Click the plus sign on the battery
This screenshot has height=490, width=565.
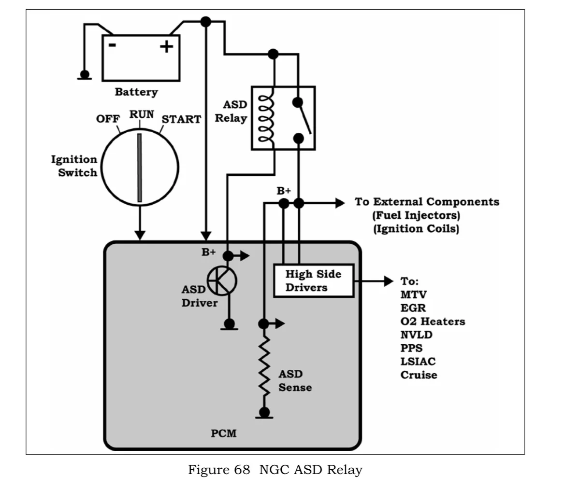tap(166, 46)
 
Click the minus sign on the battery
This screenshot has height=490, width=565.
tap(113, 45)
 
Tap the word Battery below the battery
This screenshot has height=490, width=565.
tap(136, 92)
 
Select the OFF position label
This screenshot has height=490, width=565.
tap(108, 119)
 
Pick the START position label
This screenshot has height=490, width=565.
tap(181, 119)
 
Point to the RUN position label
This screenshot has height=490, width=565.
tap(142, 114)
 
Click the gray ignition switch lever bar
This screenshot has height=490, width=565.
tap(140, 168)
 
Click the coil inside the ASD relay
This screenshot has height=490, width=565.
tap(266, 118)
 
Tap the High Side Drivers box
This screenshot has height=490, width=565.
tap(314, 281)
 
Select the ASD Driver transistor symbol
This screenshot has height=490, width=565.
tap(222, 281)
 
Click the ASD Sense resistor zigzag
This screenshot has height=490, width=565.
tap(264, 366)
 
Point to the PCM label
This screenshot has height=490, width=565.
tap(224, 433)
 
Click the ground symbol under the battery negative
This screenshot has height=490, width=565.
tap(85, 76)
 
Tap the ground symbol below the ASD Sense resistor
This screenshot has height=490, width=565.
tap(264, 413)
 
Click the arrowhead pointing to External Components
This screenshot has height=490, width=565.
tap(340, 203)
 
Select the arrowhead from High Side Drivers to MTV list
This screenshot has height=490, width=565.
tap(389, 281)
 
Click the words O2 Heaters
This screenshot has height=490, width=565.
tap(433, 321)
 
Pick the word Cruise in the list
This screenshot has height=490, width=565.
tap(419, 375)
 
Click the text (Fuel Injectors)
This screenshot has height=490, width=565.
tap(416, 215)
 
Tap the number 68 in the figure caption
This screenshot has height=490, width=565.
tap(242, 470)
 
